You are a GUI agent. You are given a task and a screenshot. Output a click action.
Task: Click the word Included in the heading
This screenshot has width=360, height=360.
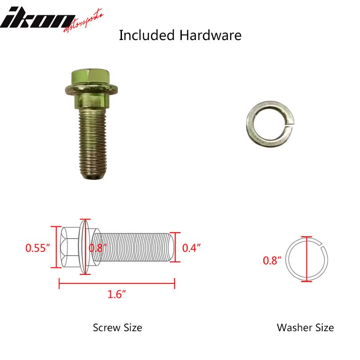click(x=147, y=35)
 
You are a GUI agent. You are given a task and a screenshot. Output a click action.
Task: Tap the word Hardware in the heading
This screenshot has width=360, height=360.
click(x=210, y=35)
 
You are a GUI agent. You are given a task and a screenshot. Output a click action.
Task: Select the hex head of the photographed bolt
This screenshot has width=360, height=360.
click(x=91, y=76)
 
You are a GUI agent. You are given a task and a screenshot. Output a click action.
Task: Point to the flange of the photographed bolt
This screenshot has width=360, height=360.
click(x=91, y=89)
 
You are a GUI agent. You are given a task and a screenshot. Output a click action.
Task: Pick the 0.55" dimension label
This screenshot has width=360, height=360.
click(x=37, y=248)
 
